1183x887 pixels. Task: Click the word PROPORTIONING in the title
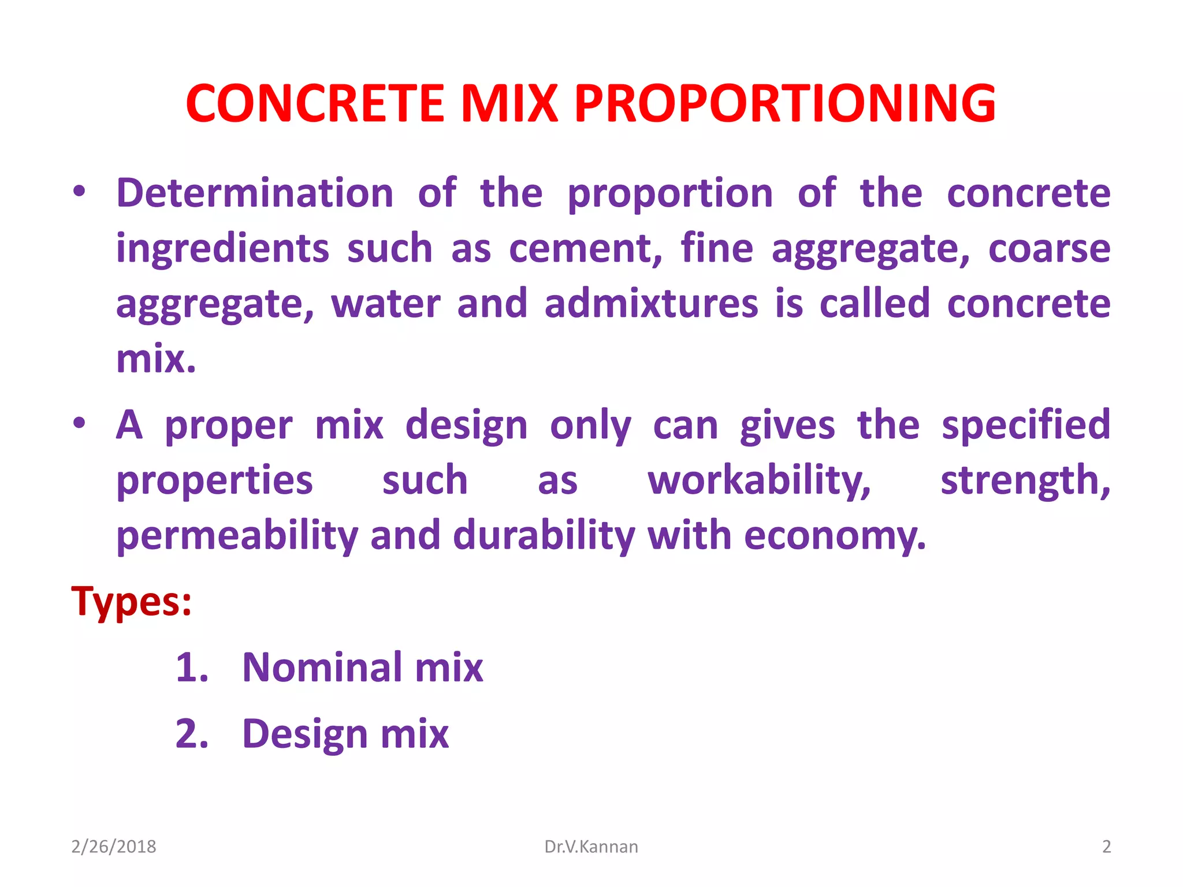(785, 104)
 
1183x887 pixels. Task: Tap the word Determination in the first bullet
(255, 193)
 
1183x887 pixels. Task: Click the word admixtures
(651, 304)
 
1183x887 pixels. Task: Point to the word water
(385, 304)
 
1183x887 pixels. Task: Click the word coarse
(1049, 249)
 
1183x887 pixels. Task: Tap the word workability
(758, 481)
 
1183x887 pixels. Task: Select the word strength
(1025, 481)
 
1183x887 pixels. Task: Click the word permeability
(237, 536)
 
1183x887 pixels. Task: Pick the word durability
(544, 536)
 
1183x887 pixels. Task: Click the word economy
(834, 536)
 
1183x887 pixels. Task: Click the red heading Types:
(131, 602)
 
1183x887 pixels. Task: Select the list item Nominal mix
(362, 668)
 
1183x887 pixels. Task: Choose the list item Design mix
(345, 735)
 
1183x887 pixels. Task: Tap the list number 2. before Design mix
(192, 735)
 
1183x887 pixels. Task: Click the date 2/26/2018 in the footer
(114, 847)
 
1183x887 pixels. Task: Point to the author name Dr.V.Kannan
(591, 847)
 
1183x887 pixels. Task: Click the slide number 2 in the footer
(1106, 847)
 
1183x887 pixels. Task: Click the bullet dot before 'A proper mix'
(79, 423)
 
